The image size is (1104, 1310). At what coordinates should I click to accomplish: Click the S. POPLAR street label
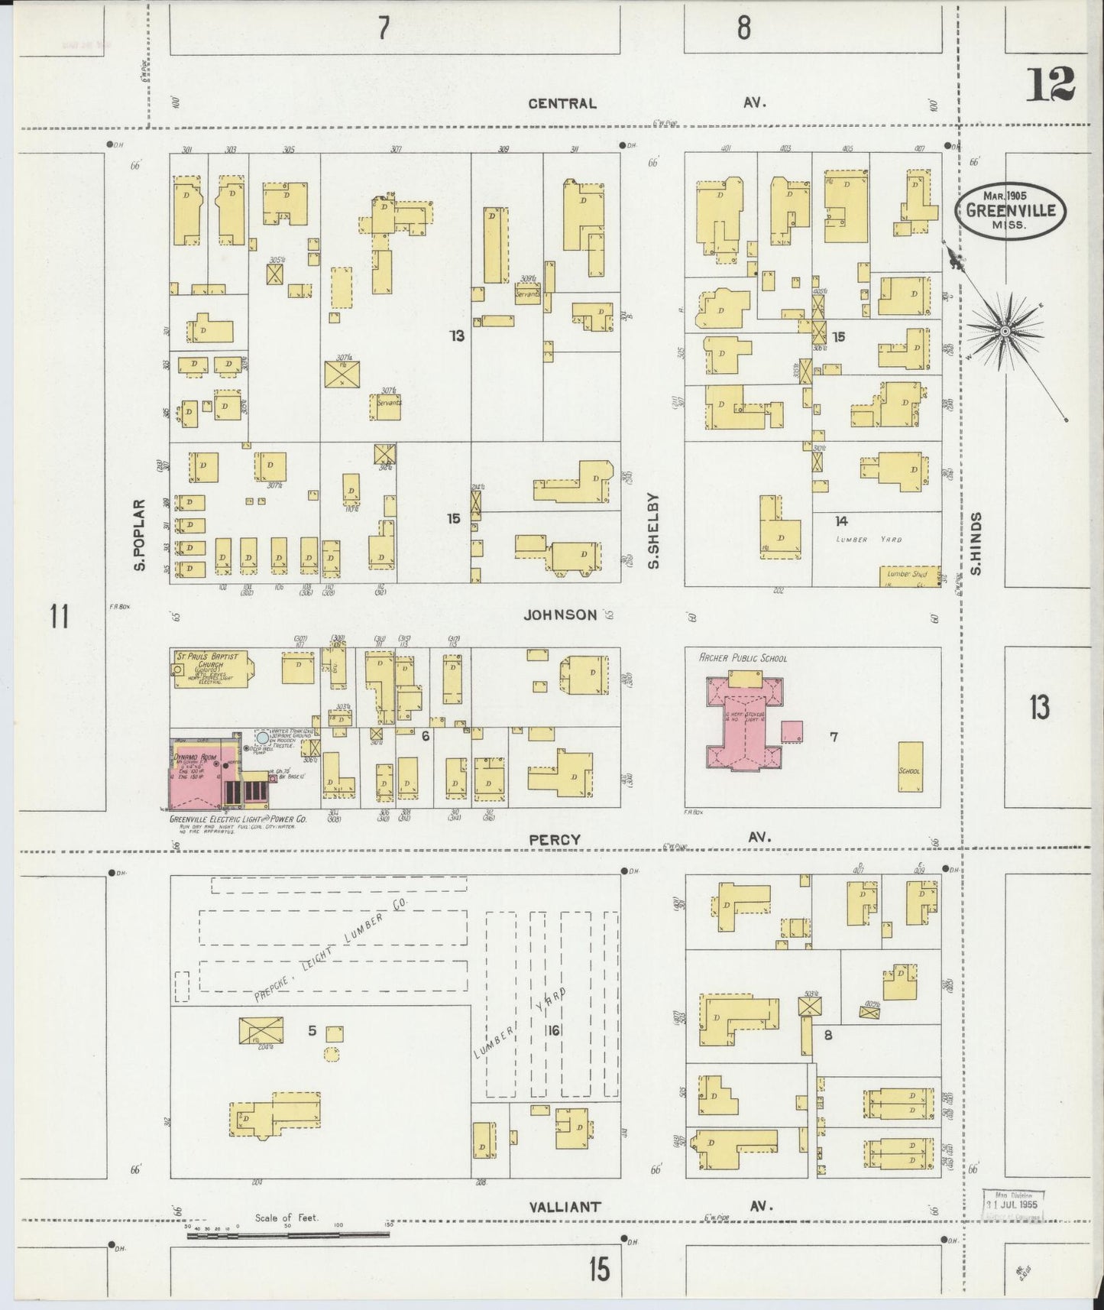[x=139, y=535]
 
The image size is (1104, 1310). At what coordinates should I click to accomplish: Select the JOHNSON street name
[x=560, y=614]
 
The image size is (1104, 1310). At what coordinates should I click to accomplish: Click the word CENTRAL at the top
[x=562, y=103]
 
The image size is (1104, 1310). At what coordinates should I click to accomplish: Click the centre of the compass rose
[x=1005, y=330]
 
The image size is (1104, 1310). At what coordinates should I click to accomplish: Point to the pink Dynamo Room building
[x=196, y=773]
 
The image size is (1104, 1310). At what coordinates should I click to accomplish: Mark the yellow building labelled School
[x=910, y=766]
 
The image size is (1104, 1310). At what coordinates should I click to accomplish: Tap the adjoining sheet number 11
[x=60, y=615]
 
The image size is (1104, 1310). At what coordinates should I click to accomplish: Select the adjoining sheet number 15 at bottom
[x=600, y=1269]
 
